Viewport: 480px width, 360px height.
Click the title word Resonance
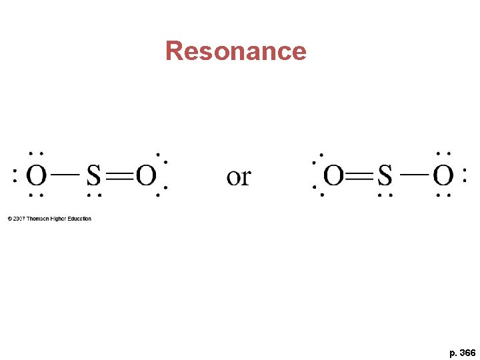[x=235, y=51]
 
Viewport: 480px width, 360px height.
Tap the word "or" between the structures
[x=238, y=177]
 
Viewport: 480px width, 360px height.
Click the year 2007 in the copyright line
[x=19, y=219]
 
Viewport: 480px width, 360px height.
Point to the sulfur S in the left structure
[x=93, y=177]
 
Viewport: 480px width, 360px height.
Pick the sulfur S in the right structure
[x=385, y=177]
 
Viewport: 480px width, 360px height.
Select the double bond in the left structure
[x=119, y=177]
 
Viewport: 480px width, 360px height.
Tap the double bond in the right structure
[x=360, y=177]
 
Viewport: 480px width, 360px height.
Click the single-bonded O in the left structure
[x=37, y=177]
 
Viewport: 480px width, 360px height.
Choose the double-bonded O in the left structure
[x=146, y=177]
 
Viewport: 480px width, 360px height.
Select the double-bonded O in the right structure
[x=333, y=177]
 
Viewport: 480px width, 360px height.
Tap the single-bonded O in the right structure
[x=443, y=177]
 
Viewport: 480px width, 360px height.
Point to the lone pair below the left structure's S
[x=93, y=196]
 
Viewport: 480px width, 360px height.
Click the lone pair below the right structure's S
[x=385, y=196]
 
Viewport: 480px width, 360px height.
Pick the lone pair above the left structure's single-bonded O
[x=37, y=153]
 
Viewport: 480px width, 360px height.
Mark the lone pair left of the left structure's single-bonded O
[x=15, y=177]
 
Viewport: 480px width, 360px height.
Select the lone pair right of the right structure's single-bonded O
[x=465, y=177]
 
